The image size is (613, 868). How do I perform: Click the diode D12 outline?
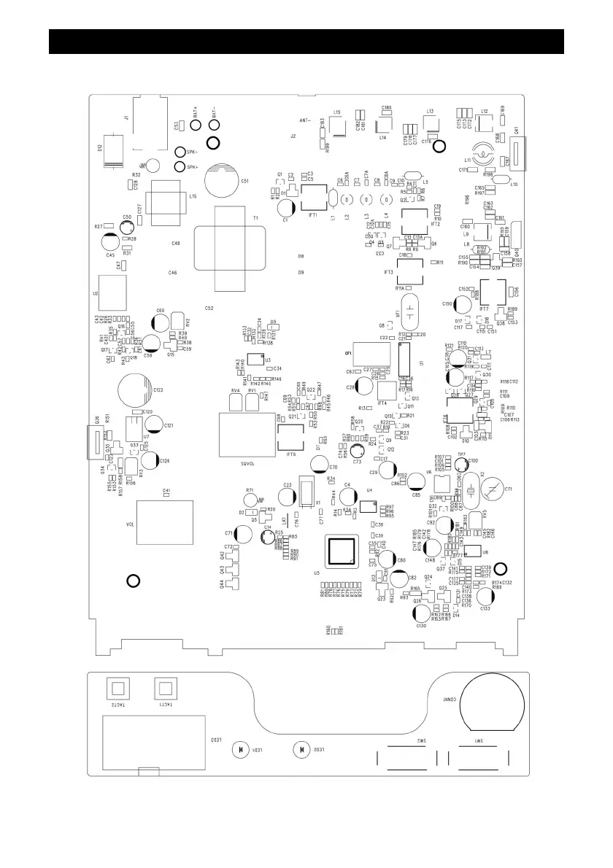coord(114,150)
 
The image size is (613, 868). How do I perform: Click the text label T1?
coord(255,219)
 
